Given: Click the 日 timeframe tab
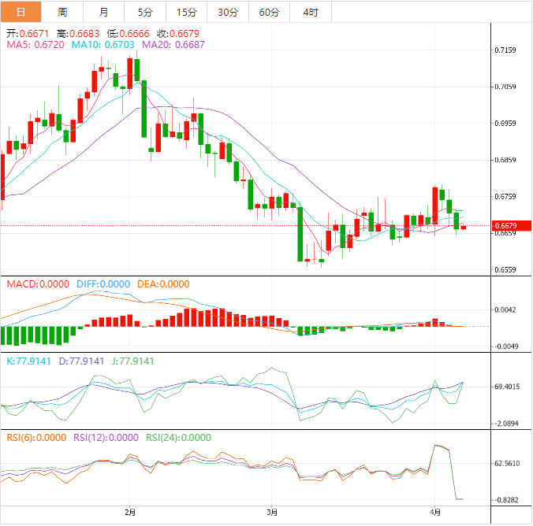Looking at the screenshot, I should click(20, 12).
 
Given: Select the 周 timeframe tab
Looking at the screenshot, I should click(62, 12).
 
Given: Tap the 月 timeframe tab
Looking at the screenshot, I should click(104, 12).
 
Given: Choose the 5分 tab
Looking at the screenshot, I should click(146, 12).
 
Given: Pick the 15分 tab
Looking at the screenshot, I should click(187, 12).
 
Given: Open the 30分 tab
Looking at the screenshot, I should click(228, 12).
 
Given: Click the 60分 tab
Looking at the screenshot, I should click(269, 12).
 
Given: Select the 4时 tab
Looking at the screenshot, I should click(310, 12).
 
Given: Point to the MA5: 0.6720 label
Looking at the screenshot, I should click(35, 46).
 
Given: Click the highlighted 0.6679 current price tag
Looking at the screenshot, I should click(505, 226).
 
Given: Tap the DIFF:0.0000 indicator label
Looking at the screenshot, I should click(103, 284).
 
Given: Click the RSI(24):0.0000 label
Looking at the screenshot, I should click(178, 437).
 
